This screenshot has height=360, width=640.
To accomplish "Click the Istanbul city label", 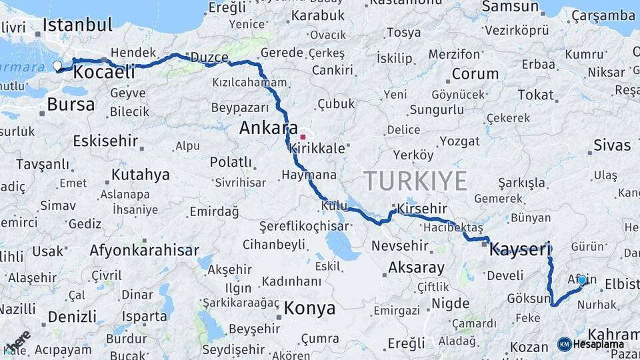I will tap(77, 25).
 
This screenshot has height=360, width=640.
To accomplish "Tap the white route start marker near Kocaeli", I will tap(57, 65).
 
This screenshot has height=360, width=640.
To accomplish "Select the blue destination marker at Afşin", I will tap(583, 281).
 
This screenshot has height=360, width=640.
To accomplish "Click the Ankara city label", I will tap(268, 127).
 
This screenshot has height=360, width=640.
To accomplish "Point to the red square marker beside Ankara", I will tap(303, 137).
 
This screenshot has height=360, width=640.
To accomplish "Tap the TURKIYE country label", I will tap(415, 180).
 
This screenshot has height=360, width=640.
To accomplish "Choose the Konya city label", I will tap(309, 308).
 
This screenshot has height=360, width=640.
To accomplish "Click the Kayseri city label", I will tap(520, 250).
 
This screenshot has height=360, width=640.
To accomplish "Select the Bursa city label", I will tap(71, 105).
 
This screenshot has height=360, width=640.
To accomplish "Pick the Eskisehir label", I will tap(105, 141).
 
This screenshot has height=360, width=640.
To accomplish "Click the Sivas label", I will tap(611, 145).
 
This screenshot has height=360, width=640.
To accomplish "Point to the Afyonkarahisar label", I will tap(144, 251).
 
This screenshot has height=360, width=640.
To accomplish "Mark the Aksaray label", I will tap(416, 268).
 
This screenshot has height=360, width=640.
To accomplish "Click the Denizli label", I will tap(72, 316).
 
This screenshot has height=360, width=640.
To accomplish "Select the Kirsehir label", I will tap(421, 209).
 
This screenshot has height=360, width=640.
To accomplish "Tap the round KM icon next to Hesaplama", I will tap(564, 344).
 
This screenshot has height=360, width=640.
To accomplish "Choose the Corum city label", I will tap(475, 74).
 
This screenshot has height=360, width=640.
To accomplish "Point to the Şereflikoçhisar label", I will tap(304, 227).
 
